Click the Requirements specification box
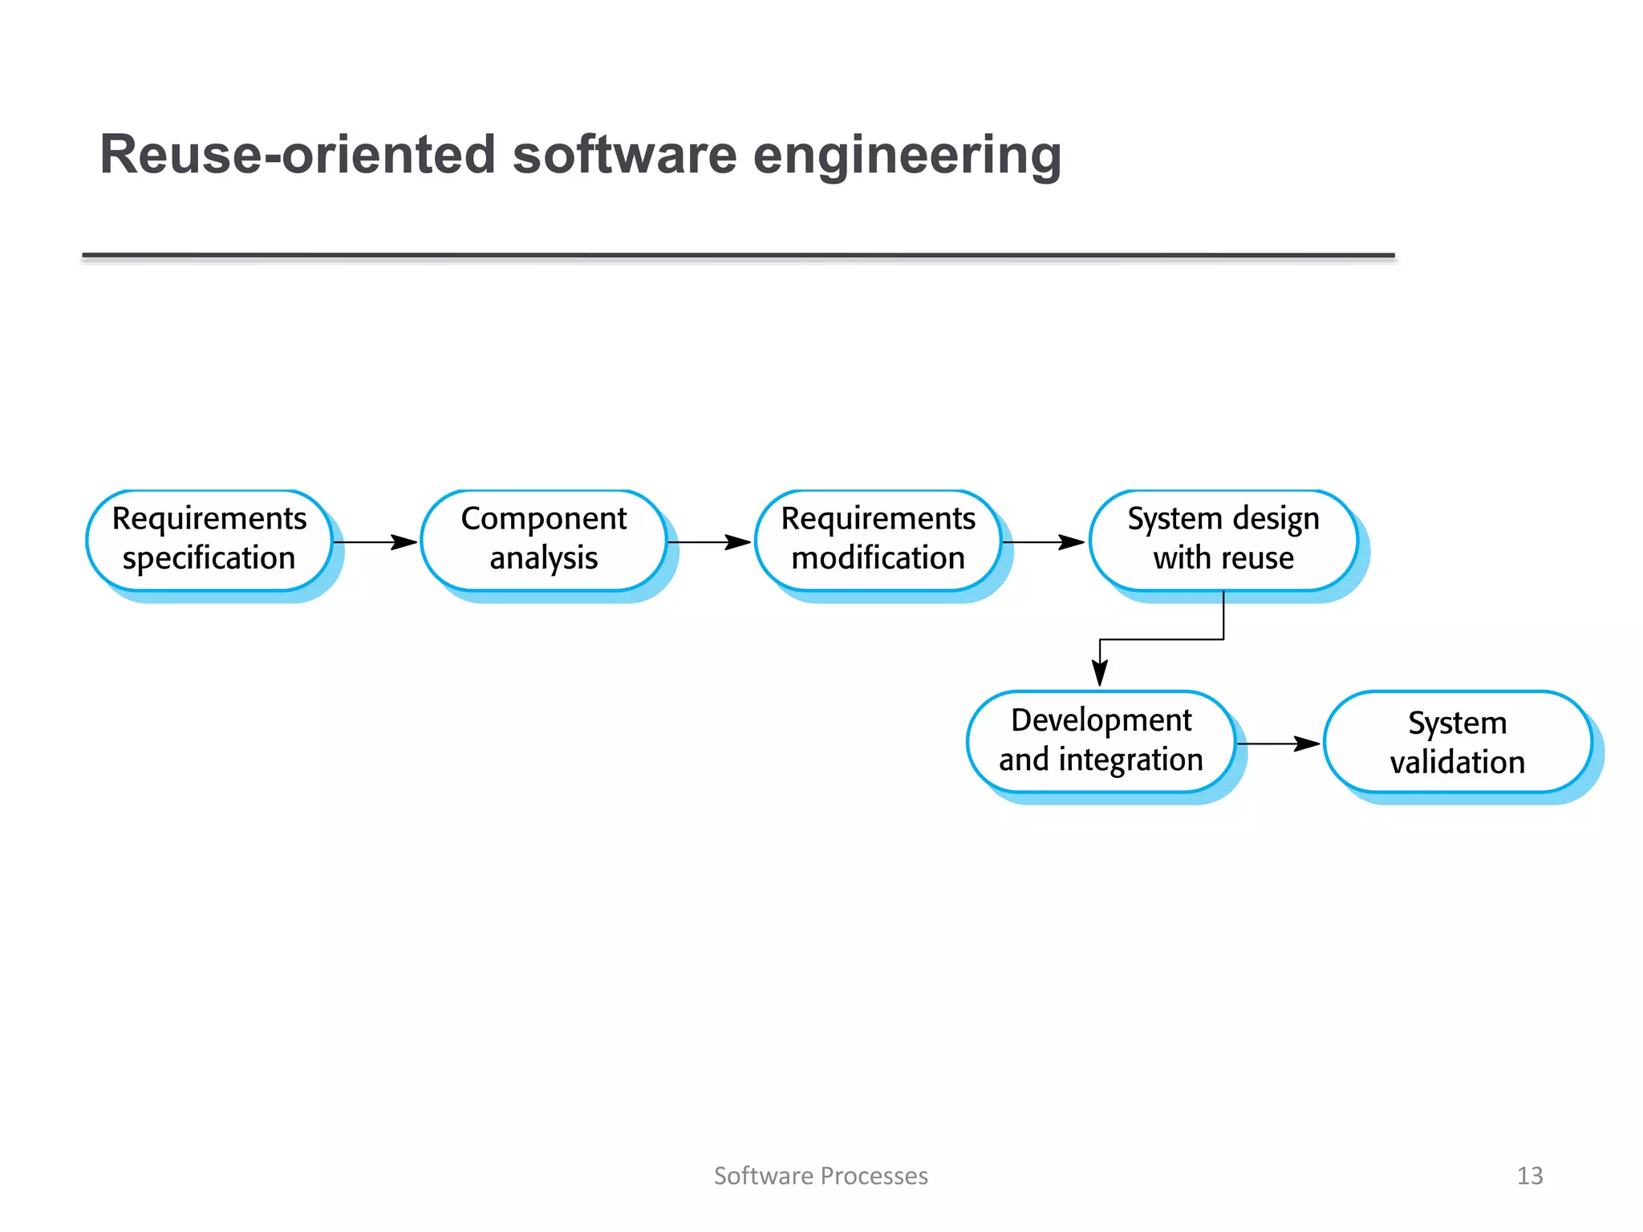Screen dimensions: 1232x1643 (209, 540)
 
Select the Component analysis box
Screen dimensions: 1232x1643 (544, 540)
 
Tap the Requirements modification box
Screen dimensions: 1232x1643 (878, 540)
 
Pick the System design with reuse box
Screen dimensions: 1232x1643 (1223, 540)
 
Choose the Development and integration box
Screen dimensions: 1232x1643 (1101, 741)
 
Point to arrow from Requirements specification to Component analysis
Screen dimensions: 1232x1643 (375, 543)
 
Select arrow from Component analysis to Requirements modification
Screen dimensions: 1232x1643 (710, 543)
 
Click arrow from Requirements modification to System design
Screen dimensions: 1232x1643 (1044, 543)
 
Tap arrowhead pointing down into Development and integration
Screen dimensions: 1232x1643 (1100, 672)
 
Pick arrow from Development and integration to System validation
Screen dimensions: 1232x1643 (1279, 744)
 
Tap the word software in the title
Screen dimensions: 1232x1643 (624, 155)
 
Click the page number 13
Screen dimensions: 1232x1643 (1529, 1176)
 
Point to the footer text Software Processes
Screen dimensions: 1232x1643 (821, 1176)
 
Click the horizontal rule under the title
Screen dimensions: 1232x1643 (738, 256)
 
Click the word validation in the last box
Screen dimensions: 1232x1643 (1457, 763)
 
